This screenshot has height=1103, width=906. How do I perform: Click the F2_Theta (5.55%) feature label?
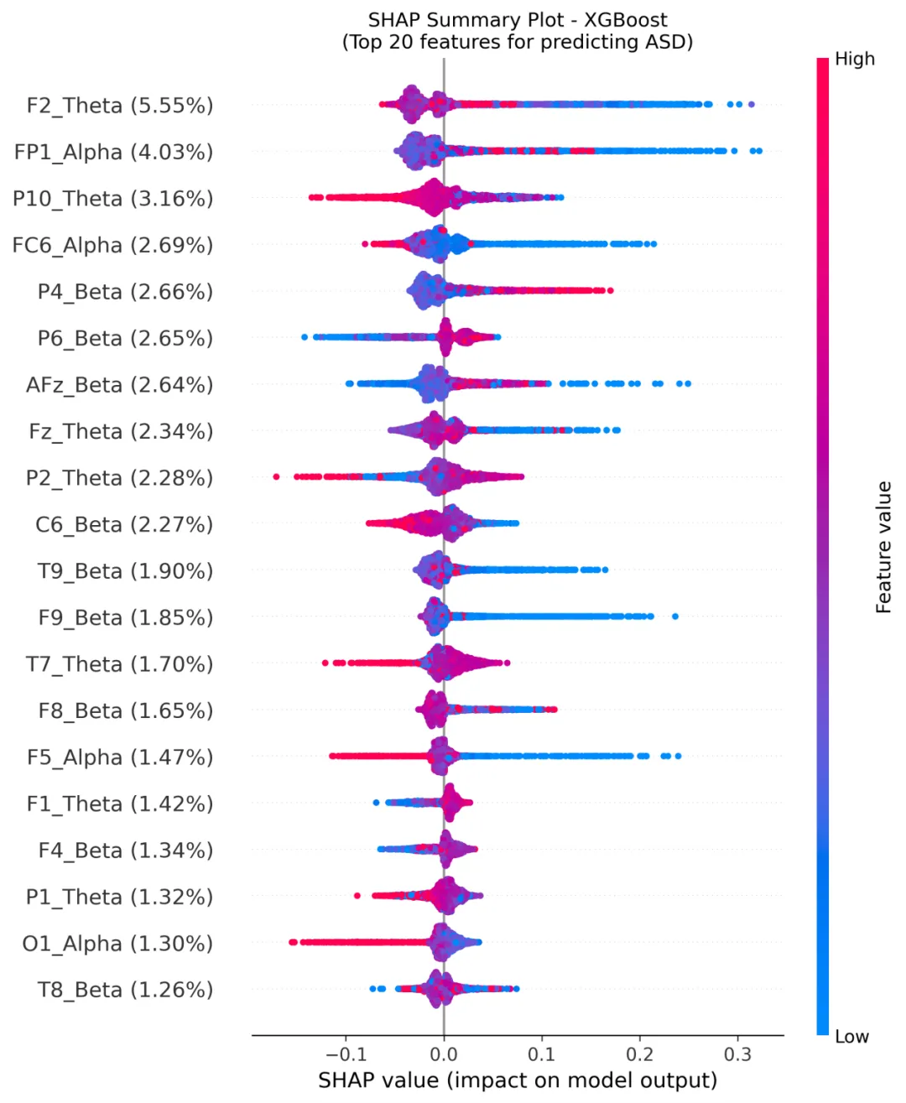[120, 106]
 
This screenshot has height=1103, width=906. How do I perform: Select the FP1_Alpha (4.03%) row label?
[113, 152]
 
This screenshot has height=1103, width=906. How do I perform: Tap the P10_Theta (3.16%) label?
[112, 199]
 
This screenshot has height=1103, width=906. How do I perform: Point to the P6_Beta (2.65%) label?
[125, 338]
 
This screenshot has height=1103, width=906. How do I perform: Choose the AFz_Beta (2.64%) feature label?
[119, 385]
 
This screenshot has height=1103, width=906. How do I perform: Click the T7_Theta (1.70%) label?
[119, 664]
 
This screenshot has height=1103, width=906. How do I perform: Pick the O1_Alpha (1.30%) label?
[117, 944]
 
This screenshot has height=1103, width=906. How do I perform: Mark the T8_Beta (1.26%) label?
[125, 990]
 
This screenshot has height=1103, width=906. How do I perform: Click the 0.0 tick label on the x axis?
[444, 1054]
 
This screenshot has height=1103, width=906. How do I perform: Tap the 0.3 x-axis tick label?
[737, 1054]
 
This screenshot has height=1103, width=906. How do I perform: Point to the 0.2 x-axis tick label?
[640, 1054]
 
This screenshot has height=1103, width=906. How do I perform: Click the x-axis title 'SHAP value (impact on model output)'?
[518, 1080]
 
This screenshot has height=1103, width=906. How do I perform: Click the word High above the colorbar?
[854, 59]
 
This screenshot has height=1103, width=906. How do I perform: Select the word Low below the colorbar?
[851, 1037]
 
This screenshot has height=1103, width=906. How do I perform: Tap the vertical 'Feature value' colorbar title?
[883, 547]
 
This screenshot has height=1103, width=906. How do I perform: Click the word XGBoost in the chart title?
[626, 20]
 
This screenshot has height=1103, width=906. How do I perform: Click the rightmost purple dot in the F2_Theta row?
[751, 104]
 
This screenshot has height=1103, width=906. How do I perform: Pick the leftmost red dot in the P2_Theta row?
[276, 476]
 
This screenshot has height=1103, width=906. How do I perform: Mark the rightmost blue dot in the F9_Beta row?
[674, 617]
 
